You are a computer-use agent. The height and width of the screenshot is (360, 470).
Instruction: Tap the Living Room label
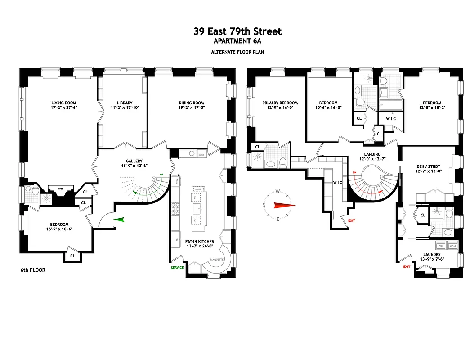click(x=62, y=103)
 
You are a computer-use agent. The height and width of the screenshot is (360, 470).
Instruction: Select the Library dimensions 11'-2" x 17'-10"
click(x=121, y=108)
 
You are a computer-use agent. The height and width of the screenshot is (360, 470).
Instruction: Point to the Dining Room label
click(x=191, y=103)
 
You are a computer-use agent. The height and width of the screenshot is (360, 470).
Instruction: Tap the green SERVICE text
click(x=177, y=267)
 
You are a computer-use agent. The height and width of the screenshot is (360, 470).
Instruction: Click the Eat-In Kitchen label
click(x=200, y=242)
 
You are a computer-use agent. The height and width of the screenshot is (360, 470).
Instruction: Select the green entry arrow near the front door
click(x=119, y=219)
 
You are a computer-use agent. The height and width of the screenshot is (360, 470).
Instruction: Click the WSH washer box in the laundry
click(x=452, y=247)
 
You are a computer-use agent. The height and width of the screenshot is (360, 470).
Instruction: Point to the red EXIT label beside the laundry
click(x=407, y=266)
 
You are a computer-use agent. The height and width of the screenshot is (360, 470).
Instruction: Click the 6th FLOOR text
click(x=33, y=270)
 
